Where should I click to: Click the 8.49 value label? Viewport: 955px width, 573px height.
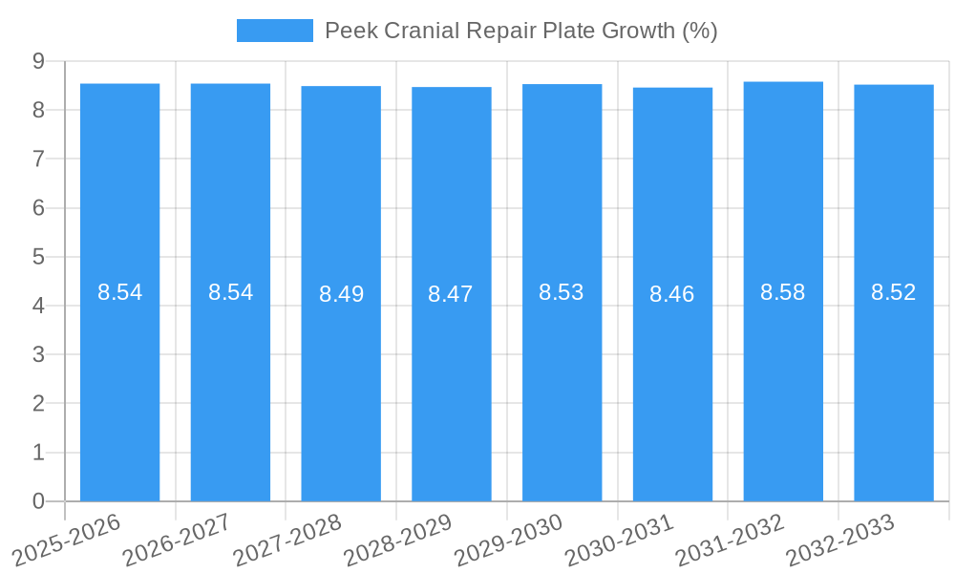[341, 294]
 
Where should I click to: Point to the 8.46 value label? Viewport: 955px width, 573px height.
[672, 294]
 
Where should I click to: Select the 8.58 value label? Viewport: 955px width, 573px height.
[783, 292]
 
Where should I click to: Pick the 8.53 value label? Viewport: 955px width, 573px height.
[562, 292]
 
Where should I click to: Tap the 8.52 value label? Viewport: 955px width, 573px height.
[894, 292]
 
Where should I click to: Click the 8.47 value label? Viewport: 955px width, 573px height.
[451, 294]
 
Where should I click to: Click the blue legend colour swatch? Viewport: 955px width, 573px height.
[274, 31]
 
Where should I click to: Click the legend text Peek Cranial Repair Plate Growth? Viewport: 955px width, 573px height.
[520, 31]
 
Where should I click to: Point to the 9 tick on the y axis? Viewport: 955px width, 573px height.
[38, 61]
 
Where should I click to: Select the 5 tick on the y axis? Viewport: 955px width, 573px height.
[38, 257]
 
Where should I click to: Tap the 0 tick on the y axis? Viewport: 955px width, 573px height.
[38, 500]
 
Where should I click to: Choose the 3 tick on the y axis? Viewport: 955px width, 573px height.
[38, 354]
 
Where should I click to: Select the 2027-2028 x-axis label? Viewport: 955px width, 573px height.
[286, 540]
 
